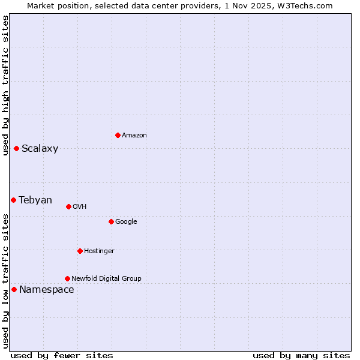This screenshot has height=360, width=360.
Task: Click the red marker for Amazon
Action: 118,135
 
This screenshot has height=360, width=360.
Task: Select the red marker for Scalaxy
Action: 16,148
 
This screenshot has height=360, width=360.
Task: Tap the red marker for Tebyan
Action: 13,200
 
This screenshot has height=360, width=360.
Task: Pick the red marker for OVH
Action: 68,206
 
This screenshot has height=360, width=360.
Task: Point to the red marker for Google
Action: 111,221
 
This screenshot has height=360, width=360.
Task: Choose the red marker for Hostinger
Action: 80,251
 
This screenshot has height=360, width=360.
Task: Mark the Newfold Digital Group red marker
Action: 67,278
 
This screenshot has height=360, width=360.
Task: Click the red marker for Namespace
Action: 14,289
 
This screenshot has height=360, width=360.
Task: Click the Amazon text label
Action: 134,136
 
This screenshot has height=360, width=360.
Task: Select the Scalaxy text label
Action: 40,149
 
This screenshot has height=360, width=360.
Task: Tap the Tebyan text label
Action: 35,200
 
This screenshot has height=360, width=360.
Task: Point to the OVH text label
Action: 80,207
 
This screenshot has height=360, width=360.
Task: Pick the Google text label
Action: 126,222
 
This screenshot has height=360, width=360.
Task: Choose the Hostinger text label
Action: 99,251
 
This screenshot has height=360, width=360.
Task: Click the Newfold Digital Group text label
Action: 106,279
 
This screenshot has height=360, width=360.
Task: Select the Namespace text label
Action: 47,290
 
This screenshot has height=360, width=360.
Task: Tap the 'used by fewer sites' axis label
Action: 62,355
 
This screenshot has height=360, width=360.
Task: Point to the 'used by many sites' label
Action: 301,355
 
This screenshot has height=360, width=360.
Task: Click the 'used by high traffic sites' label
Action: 5,85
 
